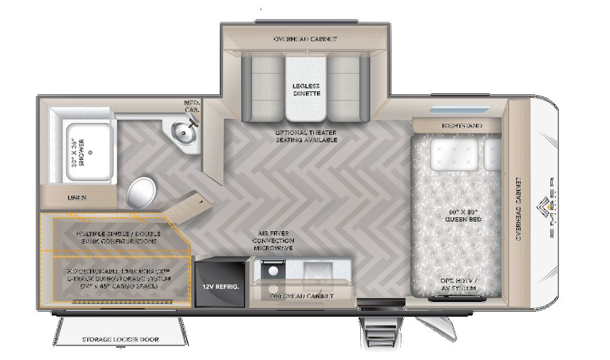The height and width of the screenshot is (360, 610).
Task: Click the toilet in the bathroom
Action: [x=141, y=192]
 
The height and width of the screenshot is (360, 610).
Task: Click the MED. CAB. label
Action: [x=192, y=106]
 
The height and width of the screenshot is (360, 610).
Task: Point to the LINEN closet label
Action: [x=77, y=198]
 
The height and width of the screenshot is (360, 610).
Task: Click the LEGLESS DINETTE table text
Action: [x=306, y=90]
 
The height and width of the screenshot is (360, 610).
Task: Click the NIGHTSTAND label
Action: [x=462, y=125]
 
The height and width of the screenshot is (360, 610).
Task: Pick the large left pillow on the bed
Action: [x=454, y=154]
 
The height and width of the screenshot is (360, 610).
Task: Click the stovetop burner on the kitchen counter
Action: [x=273, y=271]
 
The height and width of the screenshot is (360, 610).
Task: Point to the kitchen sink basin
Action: [x=315, y=269]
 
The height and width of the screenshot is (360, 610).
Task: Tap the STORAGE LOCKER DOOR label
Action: [x=120, y=339]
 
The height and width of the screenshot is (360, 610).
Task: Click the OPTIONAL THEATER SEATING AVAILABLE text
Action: [x=306, y=136]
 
